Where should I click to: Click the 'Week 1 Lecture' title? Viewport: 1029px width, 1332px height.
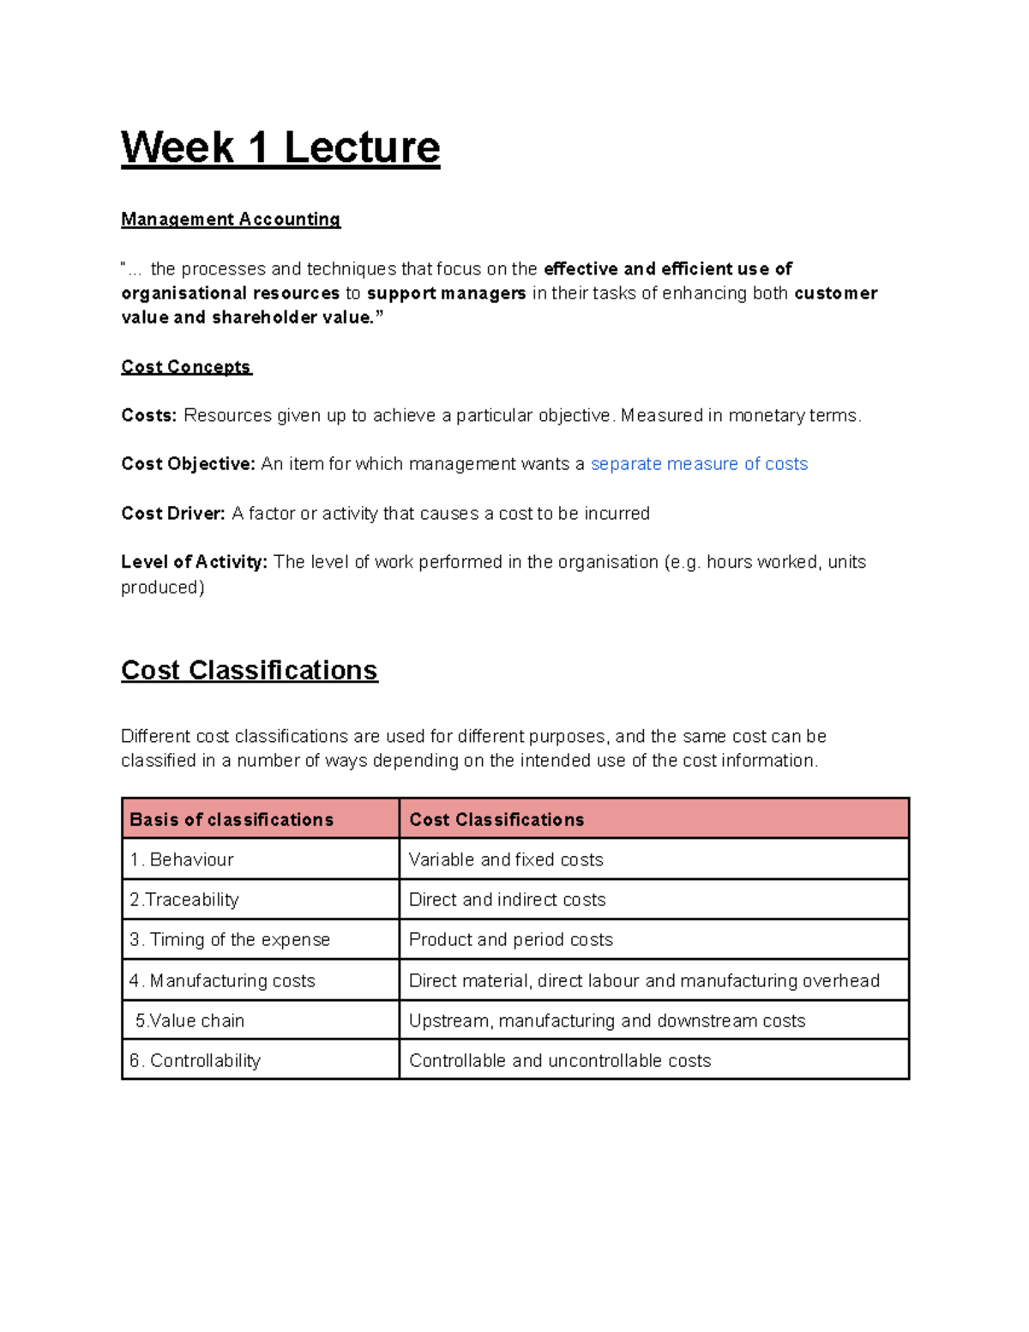point(280,148)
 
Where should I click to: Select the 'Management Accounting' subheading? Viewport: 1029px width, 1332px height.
point(231,220)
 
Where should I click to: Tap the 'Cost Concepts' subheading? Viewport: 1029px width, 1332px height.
point(186,367)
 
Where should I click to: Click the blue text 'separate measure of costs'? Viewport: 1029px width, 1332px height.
point(699,464)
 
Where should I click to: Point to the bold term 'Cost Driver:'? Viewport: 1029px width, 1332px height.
point(173,514)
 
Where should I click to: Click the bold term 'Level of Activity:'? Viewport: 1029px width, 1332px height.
point(194,563)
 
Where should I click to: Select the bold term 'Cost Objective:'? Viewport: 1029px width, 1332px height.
point(188,464)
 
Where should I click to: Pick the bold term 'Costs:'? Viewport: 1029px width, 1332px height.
point(148,416)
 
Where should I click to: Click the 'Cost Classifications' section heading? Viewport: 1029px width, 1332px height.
point(249,670)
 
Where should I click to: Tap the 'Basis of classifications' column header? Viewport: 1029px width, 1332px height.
point(232,820)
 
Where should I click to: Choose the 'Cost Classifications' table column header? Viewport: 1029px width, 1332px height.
point(496,820)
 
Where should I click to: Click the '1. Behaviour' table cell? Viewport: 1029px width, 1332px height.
point(182,859)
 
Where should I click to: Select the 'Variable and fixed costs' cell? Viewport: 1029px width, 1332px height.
point(506,859)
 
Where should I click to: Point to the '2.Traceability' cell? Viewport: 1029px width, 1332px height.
point(184,900)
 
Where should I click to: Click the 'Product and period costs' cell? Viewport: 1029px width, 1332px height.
point(511,940)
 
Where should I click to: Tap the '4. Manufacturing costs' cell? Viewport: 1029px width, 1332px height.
point(222,980)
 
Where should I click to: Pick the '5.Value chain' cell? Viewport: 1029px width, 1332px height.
point(190,1021)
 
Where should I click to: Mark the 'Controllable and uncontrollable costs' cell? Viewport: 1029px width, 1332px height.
point(560,1061)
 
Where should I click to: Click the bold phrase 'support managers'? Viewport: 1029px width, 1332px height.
point(446,293)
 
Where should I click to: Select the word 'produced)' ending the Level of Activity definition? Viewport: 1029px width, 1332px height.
point(163,588)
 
